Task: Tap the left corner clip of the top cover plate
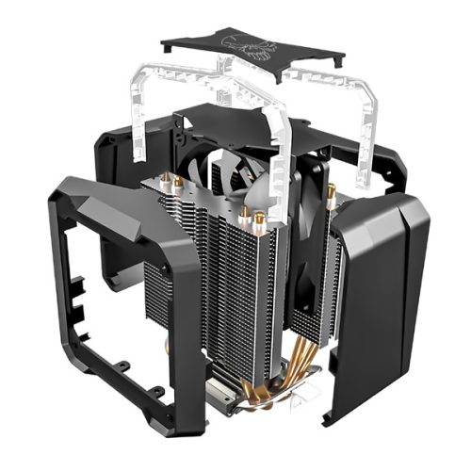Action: point(170,46)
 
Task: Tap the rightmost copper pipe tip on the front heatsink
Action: point(258,218)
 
